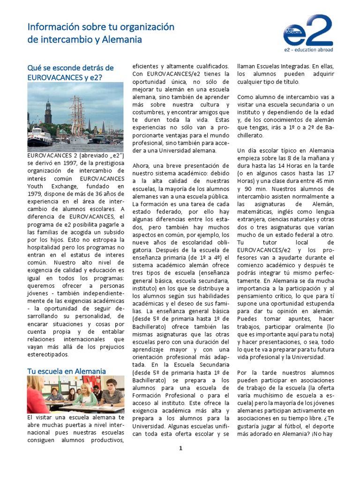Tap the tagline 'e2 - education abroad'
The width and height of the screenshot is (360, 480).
308,49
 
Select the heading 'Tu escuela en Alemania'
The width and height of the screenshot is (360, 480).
66,371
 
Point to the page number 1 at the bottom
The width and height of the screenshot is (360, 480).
180,448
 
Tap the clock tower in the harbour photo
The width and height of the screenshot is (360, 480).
48,112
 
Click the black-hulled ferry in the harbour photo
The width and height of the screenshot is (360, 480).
39,138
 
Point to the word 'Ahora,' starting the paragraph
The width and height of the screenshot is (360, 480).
143,165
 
